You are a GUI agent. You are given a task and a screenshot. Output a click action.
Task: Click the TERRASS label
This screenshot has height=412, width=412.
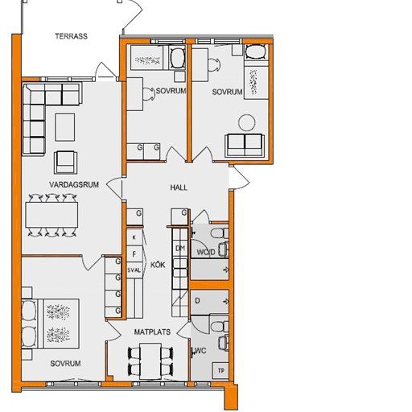[x=71, y=36]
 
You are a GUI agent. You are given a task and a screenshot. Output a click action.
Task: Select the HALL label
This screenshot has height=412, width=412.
[x=179, y=187]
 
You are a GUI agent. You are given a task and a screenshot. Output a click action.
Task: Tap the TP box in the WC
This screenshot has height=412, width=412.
[x=219, y=370]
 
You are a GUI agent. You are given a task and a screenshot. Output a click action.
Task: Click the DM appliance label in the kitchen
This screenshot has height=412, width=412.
[x=181, y=248]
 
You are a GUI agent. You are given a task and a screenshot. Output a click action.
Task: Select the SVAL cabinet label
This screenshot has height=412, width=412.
[x=134, y=270]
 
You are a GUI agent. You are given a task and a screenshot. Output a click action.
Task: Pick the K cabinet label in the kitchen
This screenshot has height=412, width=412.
[x=134, y=237]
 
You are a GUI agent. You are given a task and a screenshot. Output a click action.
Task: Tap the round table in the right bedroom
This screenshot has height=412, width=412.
[x=247, y=122]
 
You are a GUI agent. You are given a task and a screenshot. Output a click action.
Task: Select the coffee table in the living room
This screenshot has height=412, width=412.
[x=65, y=125]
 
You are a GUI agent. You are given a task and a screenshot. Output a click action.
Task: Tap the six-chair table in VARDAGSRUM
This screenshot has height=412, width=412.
[x=53, y=213]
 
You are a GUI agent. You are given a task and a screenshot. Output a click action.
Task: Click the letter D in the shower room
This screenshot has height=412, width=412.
[x=197, y=301]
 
